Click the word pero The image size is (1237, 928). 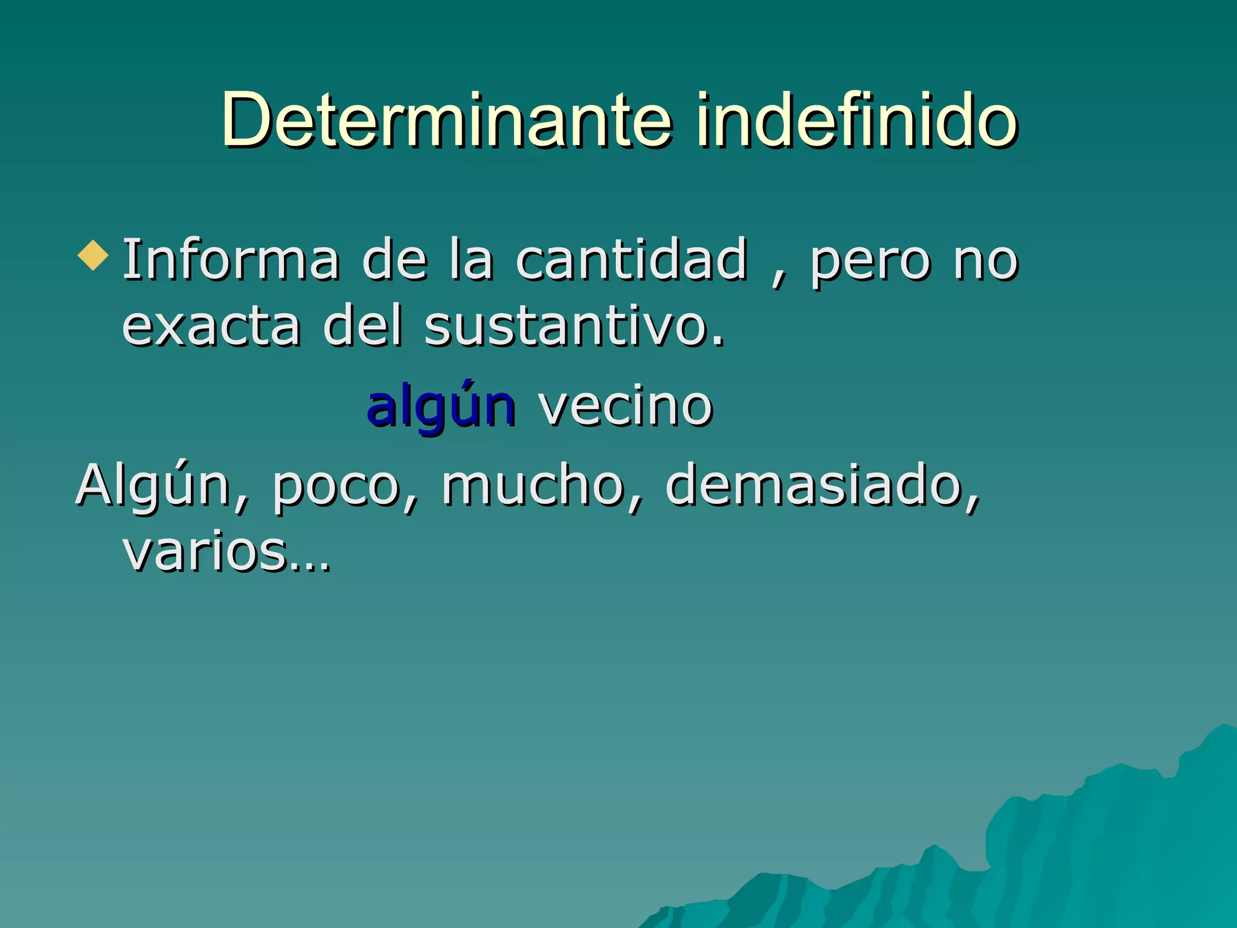[870, 263]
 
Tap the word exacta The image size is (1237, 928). [211, 327]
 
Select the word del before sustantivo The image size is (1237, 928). [363, 327]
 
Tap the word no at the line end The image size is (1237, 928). [986, 263]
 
